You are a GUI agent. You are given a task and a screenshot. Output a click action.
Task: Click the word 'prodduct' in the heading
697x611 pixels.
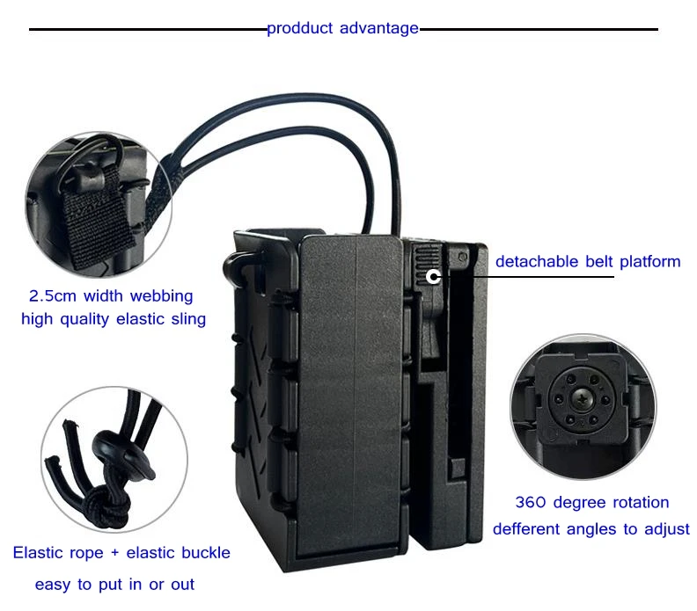click(300, 28)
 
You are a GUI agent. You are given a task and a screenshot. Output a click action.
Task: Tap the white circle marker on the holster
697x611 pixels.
click(433, 276)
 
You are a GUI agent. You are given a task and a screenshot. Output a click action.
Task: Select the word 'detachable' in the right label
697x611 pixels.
click(536, 261)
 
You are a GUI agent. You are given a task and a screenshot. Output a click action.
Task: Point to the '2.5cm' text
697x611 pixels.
click(47, 296)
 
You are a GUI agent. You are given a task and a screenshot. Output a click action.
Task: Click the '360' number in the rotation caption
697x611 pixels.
click(530, 503)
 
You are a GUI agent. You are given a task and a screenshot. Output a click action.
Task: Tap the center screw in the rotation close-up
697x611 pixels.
click(581, 403)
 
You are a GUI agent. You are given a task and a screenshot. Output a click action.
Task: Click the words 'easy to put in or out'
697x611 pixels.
click(114, 584)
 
